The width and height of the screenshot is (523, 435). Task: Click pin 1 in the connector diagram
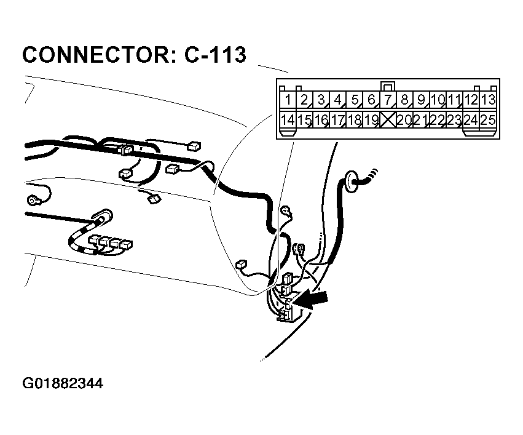tap(287, 100)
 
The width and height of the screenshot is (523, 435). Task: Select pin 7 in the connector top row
tap(387, 100)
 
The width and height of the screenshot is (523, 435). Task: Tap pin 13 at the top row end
tap(488, 100)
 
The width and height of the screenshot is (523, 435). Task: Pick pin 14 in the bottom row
tap(287, 119)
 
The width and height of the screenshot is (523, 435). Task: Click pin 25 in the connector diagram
tap(488, 119)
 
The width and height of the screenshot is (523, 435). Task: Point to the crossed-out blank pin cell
tap(387, 119)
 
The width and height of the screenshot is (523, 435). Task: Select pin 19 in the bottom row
tap(371, 119)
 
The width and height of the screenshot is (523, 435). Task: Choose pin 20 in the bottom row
tap(404, 119)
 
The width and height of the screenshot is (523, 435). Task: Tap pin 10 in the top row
tap(438, 100)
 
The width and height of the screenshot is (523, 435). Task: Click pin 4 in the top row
tap(337, 100)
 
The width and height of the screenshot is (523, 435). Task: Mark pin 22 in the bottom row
tap(438, 119)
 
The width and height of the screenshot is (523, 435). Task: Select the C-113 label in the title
tap(215, 55)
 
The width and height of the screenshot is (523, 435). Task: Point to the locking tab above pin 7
tap(387, 86)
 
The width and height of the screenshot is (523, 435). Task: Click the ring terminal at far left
tap(32, 200)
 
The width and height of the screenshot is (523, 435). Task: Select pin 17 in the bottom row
tap(337, 119)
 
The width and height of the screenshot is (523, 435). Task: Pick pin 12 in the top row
tap(471, 100)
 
